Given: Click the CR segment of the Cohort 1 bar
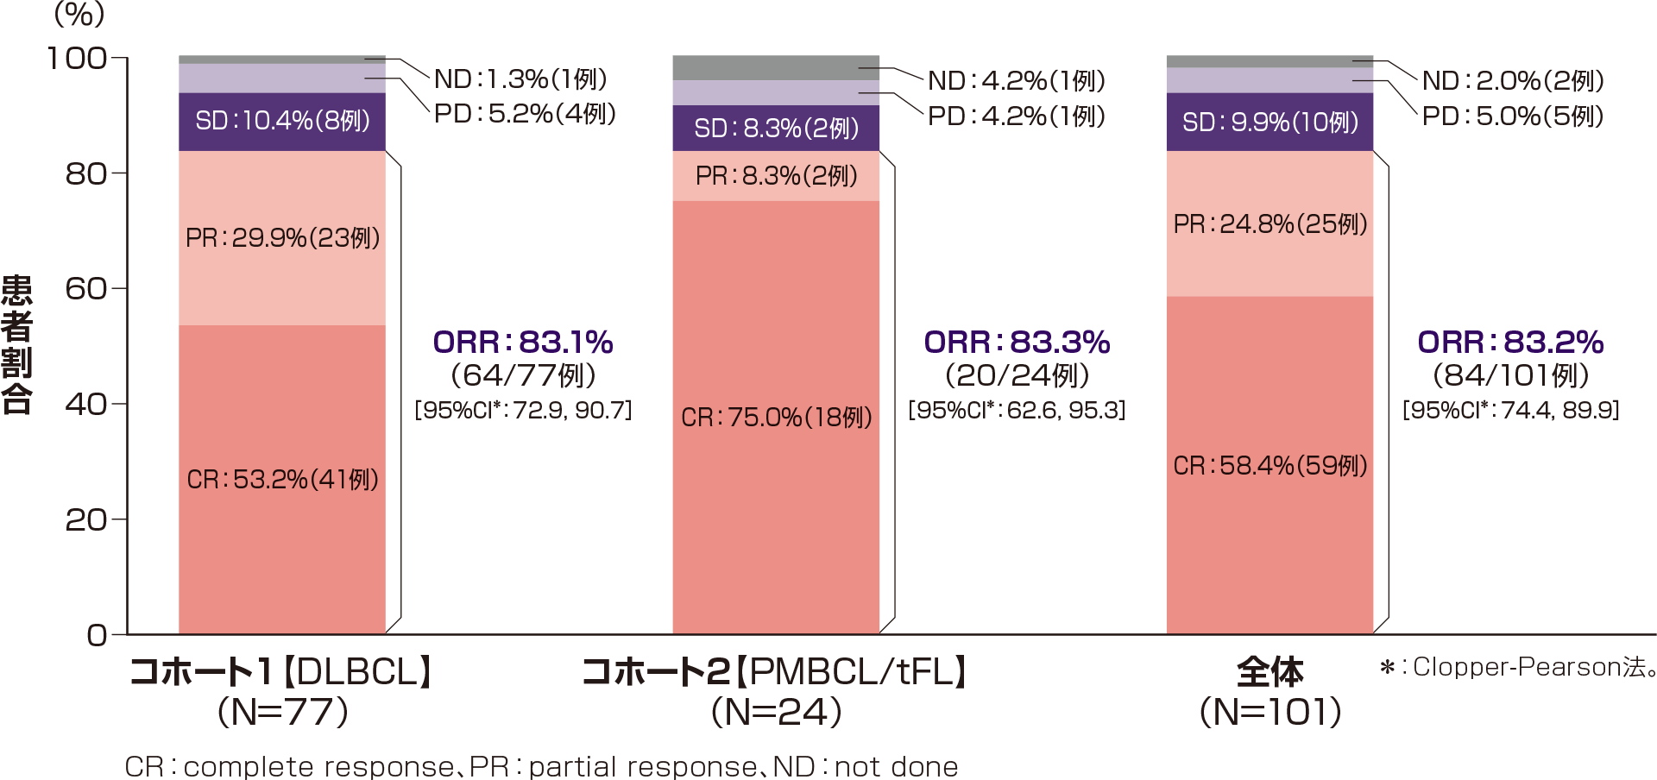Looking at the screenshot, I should (282, 480).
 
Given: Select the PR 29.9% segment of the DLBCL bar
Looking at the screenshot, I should (282, 238).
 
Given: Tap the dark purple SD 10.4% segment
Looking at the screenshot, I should (282, 121).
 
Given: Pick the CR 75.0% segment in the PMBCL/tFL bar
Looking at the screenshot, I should (776, 418).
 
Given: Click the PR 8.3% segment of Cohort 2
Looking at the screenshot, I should (776, 176).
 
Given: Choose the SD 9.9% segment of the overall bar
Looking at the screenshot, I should (1270, 122).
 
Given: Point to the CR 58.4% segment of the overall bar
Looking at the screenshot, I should (1270, 466).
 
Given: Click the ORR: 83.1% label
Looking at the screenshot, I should (523, 343).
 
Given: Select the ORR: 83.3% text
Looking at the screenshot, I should (1017, 343).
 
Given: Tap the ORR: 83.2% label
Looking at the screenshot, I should (1510, 343).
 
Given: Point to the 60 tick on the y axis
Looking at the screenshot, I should (86, 289).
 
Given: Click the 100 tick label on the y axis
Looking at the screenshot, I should (78, 59).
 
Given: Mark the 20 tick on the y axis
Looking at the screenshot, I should (86, 520).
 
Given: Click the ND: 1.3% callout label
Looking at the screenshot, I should (520, 79).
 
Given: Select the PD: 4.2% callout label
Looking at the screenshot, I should (1017, 116).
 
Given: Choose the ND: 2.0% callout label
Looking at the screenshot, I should (1513, 80).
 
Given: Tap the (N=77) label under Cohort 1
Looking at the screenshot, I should (282, 713).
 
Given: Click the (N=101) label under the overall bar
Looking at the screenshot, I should (1270, 713).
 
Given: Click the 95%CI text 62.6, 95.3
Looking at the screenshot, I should (1017, 410).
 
